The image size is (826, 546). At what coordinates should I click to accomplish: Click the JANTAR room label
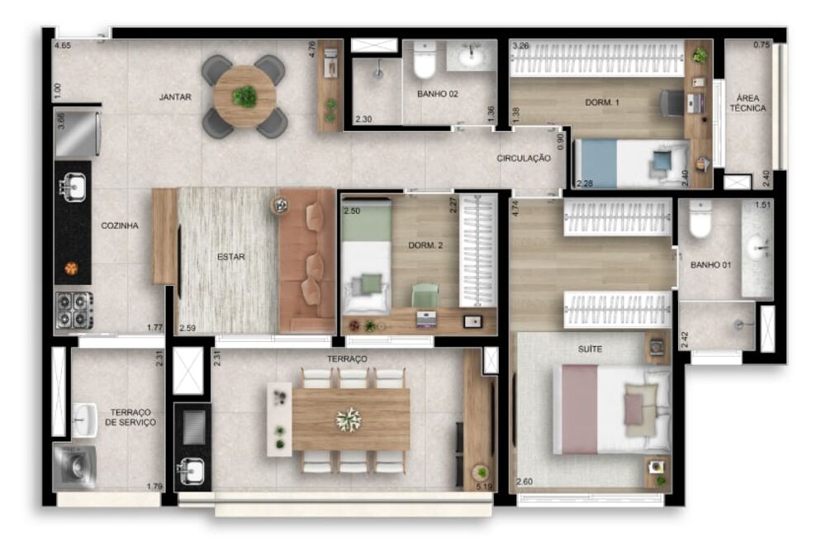pos(175,97)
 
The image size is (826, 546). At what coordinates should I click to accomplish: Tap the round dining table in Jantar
pos(244,97)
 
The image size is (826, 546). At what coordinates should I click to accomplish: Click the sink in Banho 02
pos(472,57)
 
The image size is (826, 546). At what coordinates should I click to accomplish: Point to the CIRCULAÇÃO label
pos(524,158)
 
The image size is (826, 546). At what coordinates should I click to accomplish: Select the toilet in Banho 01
pos(700,219)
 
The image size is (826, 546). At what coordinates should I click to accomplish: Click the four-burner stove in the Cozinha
pos(74,310)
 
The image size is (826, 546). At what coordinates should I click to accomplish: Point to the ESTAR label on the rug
pos(231,257)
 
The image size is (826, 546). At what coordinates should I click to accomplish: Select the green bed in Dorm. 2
pos(365,258)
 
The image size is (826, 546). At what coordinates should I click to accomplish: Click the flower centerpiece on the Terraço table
pos(349,420)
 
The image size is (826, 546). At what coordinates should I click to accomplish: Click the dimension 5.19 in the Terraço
pos(484,487)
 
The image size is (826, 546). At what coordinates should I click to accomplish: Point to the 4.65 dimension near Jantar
pos(62,47)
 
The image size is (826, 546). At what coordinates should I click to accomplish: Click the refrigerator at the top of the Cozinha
pos(77,133)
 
